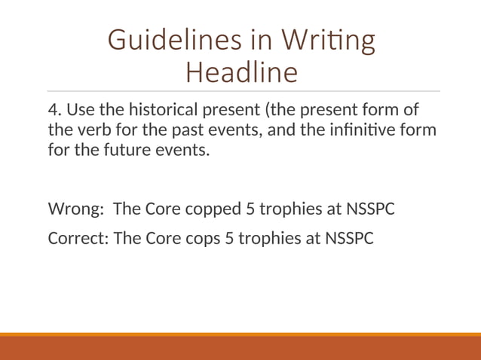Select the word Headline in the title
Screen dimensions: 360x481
point(240,73)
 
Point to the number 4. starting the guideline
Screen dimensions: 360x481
point(55,110)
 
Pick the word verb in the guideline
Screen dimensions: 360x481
point(91,130)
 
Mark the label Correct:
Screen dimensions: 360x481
point(78,238)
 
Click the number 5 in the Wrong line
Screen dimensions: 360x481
point(251,208)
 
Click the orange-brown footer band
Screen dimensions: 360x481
point(240,348)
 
